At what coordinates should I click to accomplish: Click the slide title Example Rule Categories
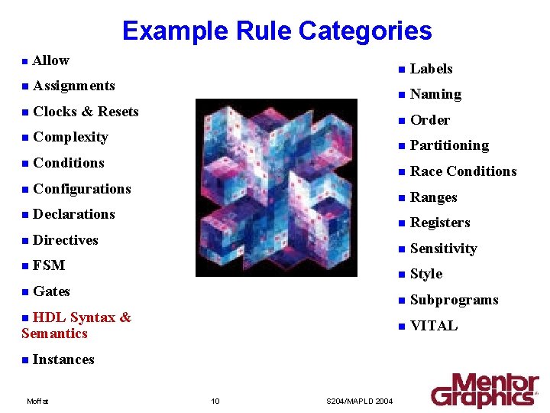(x=277, y=31)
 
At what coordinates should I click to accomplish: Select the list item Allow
(x=50, y=60)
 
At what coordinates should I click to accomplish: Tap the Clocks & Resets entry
(x=86, y=112)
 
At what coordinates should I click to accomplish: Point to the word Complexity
(x=70, y=137)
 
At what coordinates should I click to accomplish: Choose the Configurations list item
(x=82, y=189)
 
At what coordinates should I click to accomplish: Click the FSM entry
(x=49, y=265)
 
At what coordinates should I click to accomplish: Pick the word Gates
(x=51, y=291)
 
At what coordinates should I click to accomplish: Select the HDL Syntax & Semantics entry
(x=76, y=325)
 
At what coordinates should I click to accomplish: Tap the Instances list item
(x=63, y=359)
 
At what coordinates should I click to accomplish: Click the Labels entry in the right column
(x=431, y=69)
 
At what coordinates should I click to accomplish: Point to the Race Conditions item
(x=463, y=171)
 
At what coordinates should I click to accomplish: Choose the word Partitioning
(x=449, y=145)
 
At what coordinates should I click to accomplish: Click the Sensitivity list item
(x=443, y=249)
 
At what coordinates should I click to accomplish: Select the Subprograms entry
(x=454, y=300)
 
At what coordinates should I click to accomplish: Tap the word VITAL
(x=434, y=326)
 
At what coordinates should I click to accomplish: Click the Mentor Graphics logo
(x=484, y=390)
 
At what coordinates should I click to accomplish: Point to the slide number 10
(x=215, y=401)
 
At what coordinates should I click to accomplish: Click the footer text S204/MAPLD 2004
(x=359, y=401)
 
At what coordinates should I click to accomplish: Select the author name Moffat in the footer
(x=37, y=401)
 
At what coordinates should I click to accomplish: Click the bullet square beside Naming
(x=400, y=95)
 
